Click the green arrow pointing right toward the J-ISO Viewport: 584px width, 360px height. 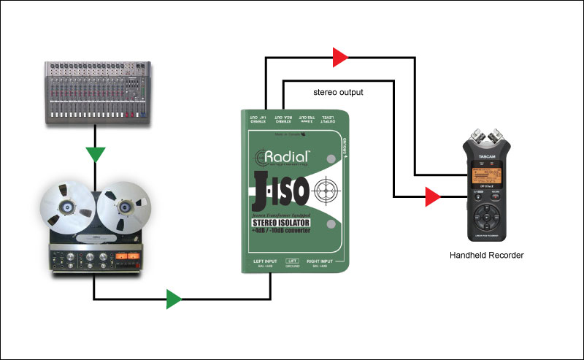click(173, 298)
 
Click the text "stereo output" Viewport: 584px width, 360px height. click(338, 93)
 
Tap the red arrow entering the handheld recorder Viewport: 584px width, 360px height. click(432, 196)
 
